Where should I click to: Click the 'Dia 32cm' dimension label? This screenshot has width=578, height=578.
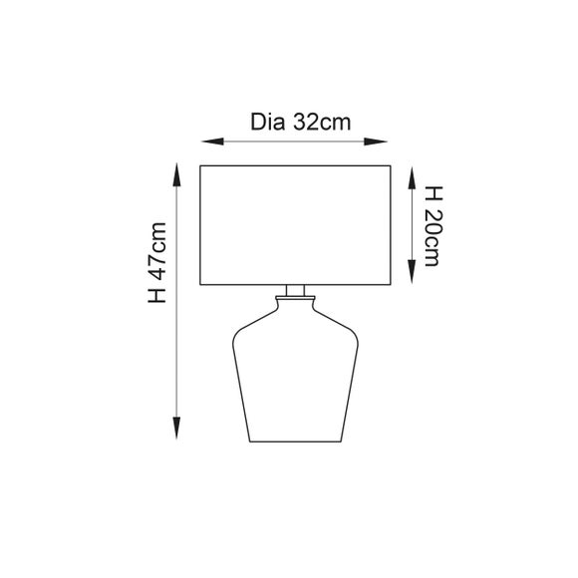tap(298, 124)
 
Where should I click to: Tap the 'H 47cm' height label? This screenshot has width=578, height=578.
tap(158, 266)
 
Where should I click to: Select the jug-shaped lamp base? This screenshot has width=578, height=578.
tap(293, 379)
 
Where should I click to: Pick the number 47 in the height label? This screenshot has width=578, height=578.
tap(158, 257)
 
